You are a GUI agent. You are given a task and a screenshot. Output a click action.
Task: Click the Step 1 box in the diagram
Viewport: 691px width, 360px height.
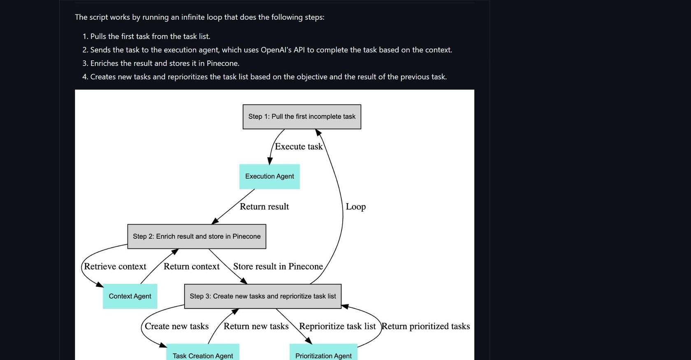coord(302,116)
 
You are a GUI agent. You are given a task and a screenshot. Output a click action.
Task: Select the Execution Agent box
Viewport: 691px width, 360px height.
coord(270,177)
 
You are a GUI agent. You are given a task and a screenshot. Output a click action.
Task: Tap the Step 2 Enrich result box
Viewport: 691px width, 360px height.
coord(197,236)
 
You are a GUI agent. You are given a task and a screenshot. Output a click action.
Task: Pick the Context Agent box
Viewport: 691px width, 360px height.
coord(130,296)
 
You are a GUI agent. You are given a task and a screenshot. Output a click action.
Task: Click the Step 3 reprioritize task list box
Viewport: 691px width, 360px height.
coord(263,296)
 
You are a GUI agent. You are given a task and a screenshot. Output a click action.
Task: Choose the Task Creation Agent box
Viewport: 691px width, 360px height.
coord(203,352)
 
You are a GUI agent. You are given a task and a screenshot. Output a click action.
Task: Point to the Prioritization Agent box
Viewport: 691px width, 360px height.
coord(323,352)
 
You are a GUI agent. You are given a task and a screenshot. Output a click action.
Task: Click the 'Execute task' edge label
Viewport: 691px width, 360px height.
coord(299,146)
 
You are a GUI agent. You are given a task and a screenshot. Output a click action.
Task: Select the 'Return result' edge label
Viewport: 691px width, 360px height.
coord(264,207)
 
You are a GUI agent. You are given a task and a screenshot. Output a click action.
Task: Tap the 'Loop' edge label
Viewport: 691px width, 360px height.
coord(356,207)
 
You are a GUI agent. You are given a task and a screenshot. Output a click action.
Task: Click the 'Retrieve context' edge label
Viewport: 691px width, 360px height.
coord(115,266)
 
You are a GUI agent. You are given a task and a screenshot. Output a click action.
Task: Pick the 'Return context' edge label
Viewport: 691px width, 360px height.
coord(192,266)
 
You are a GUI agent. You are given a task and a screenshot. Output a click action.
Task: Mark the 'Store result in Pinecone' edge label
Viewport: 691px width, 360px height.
coord(278,266)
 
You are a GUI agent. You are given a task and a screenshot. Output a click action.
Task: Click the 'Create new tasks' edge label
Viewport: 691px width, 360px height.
coord(177,326)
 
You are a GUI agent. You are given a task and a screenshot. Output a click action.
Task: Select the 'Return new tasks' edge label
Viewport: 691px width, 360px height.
coord(256,326)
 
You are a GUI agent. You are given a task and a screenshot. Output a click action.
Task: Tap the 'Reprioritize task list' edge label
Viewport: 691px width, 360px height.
coord(337,326)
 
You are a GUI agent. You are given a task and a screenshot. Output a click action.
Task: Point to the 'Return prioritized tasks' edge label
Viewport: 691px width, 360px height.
coord(426,326)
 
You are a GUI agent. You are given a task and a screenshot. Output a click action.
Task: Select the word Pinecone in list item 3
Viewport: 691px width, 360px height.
coord(223,63)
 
